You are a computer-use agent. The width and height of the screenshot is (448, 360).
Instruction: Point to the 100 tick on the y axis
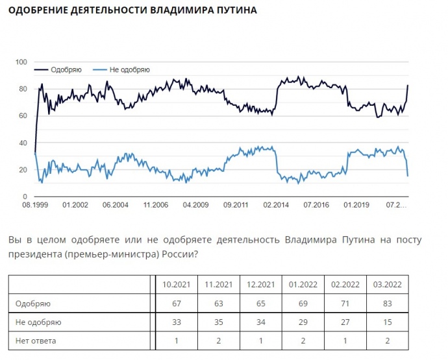tap(21, 62)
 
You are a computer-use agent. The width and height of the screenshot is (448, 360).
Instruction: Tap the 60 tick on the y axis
tap(23, 116)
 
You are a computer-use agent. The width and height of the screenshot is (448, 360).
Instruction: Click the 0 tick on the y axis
tap(25, 197)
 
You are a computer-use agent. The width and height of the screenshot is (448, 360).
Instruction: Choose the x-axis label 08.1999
tap(35, 206)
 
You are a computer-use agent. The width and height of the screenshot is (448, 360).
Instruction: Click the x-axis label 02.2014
tap(276, 206)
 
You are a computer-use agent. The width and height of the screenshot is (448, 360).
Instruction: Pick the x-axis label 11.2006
tap(156, 206)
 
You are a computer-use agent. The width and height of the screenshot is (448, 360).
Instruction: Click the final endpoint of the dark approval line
tap(408, 85)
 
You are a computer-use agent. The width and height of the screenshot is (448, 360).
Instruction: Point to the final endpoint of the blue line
tap(408, 176)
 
